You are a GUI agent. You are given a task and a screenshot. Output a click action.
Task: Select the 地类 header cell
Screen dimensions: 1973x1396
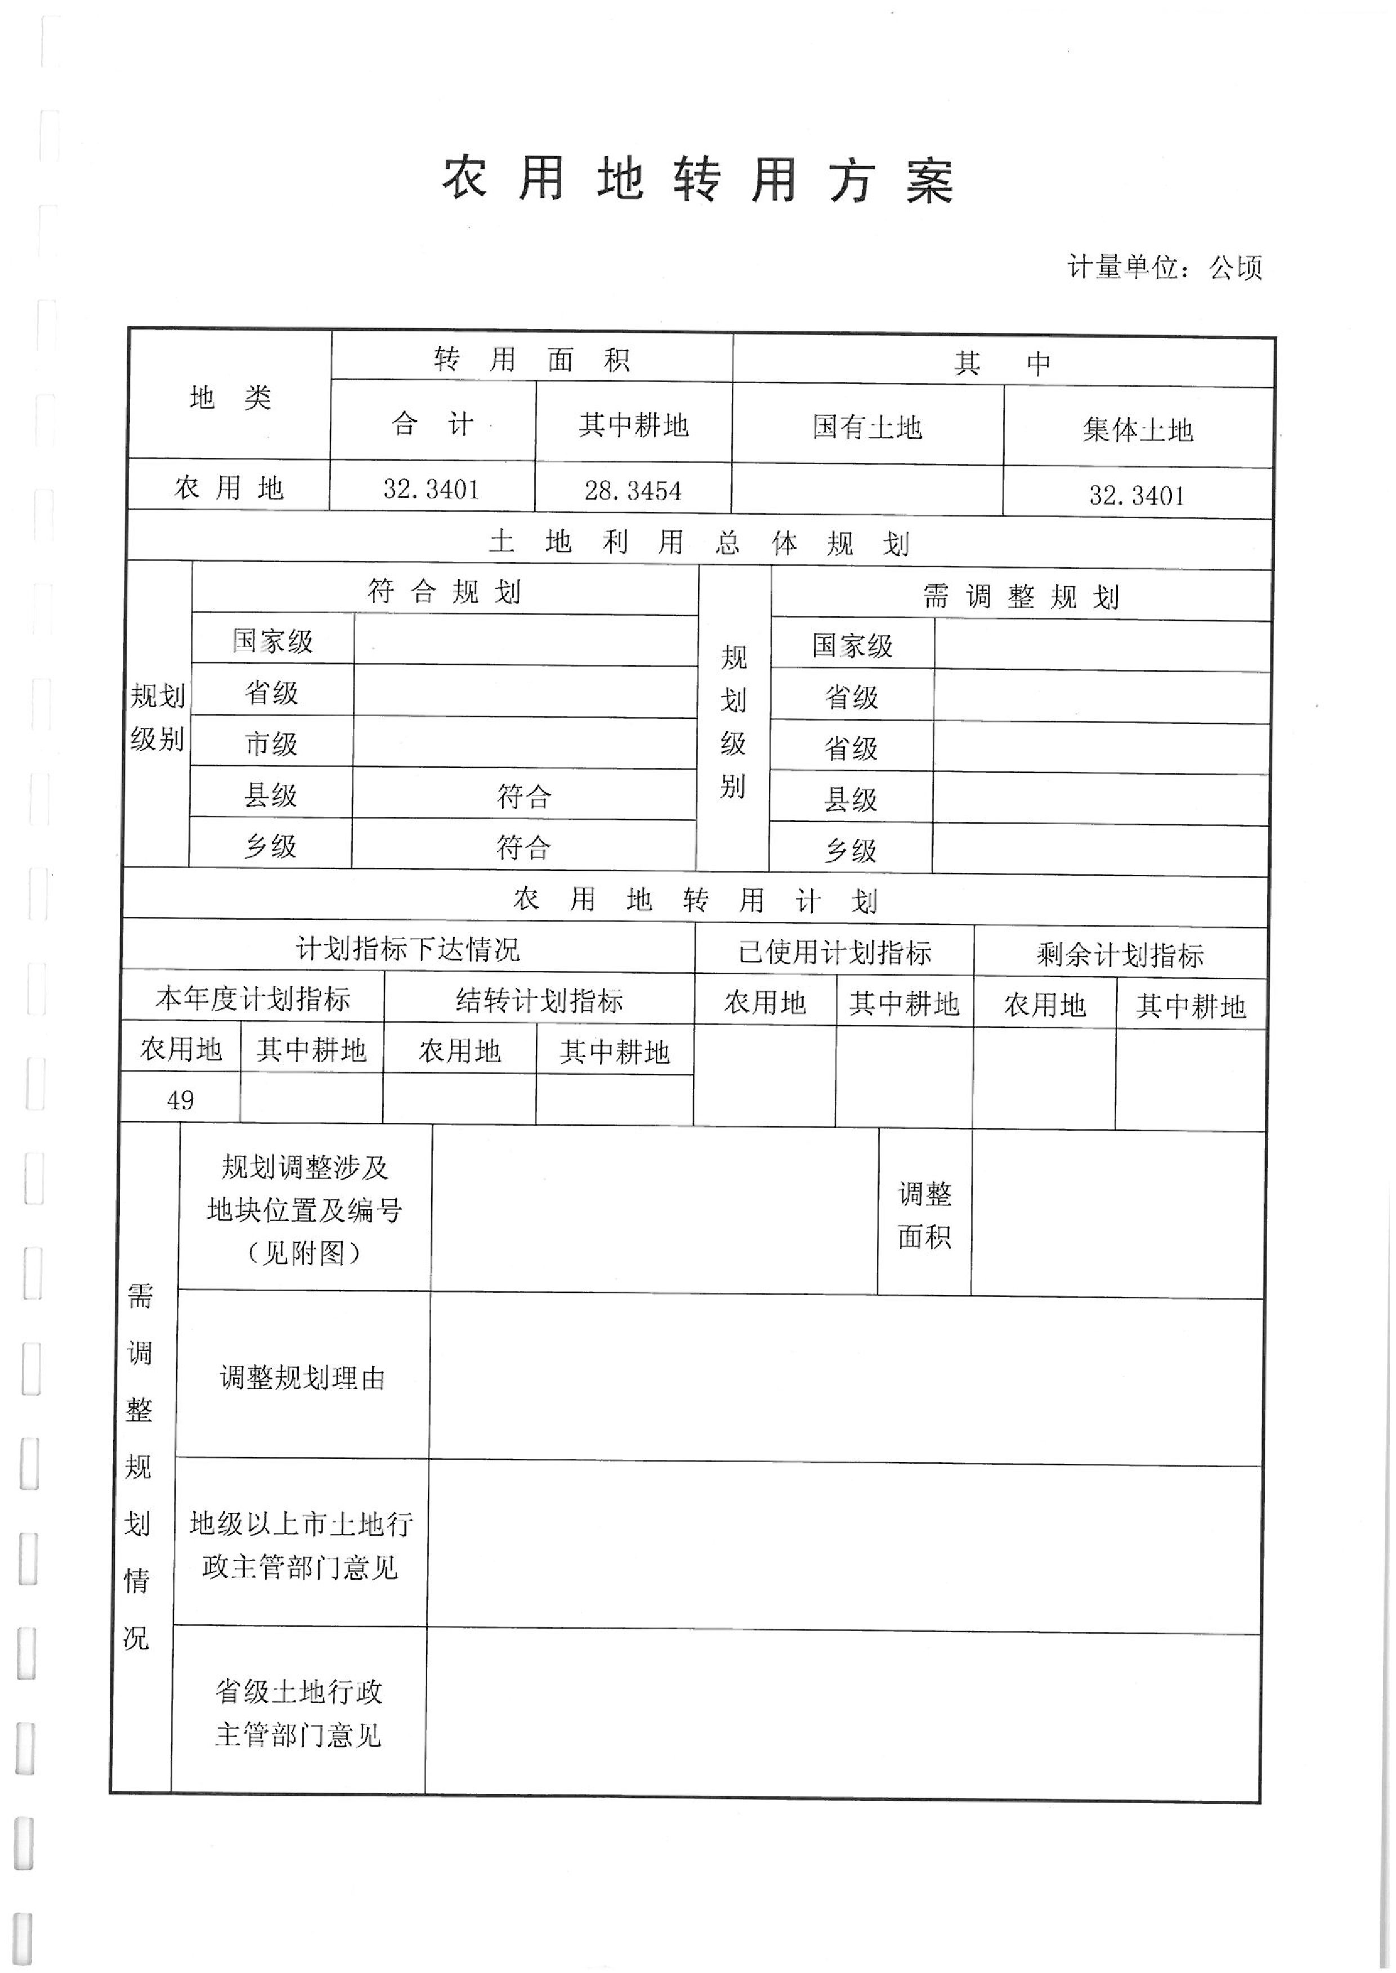[230, 398]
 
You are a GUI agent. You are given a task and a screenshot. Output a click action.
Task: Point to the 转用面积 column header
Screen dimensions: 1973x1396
[532, 359]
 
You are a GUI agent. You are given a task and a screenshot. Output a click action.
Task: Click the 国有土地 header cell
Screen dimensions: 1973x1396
[867, 427]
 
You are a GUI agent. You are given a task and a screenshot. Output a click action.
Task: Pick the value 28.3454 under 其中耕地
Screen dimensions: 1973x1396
[633, 491]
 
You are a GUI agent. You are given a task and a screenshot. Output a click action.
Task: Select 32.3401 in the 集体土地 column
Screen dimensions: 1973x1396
[1137, 495]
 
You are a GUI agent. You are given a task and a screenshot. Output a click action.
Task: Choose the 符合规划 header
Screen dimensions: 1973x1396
[445, 591]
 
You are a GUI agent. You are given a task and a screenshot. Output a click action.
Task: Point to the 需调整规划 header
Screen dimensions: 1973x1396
[1021, 596]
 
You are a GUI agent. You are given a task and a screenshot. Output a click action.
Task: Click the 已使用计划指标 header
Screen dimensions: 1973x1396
[835, 952]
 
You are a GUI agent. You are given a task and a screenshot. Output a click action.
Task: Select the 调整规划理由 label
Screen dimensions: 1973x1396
[303, 1378]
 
